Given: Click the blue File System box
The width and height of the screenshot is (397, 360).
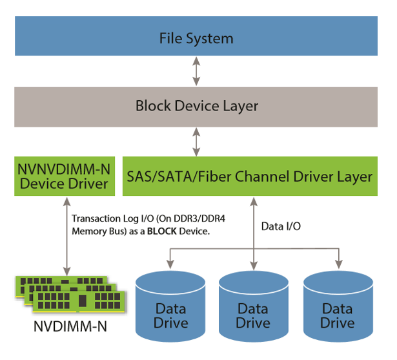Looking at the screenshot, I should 196,37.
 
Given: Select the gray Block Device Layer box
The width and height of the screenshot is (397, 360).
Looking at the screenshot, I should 196,106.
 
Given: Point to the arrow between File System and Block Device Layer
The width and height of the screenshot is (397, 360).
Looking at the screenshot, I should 196,72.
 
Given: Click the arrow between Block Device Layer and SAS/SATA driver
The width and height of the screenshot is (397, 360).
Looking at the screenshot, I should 196,141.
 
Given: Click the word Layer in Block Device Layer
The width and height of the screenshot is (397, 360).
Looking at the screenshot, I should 239,106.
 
